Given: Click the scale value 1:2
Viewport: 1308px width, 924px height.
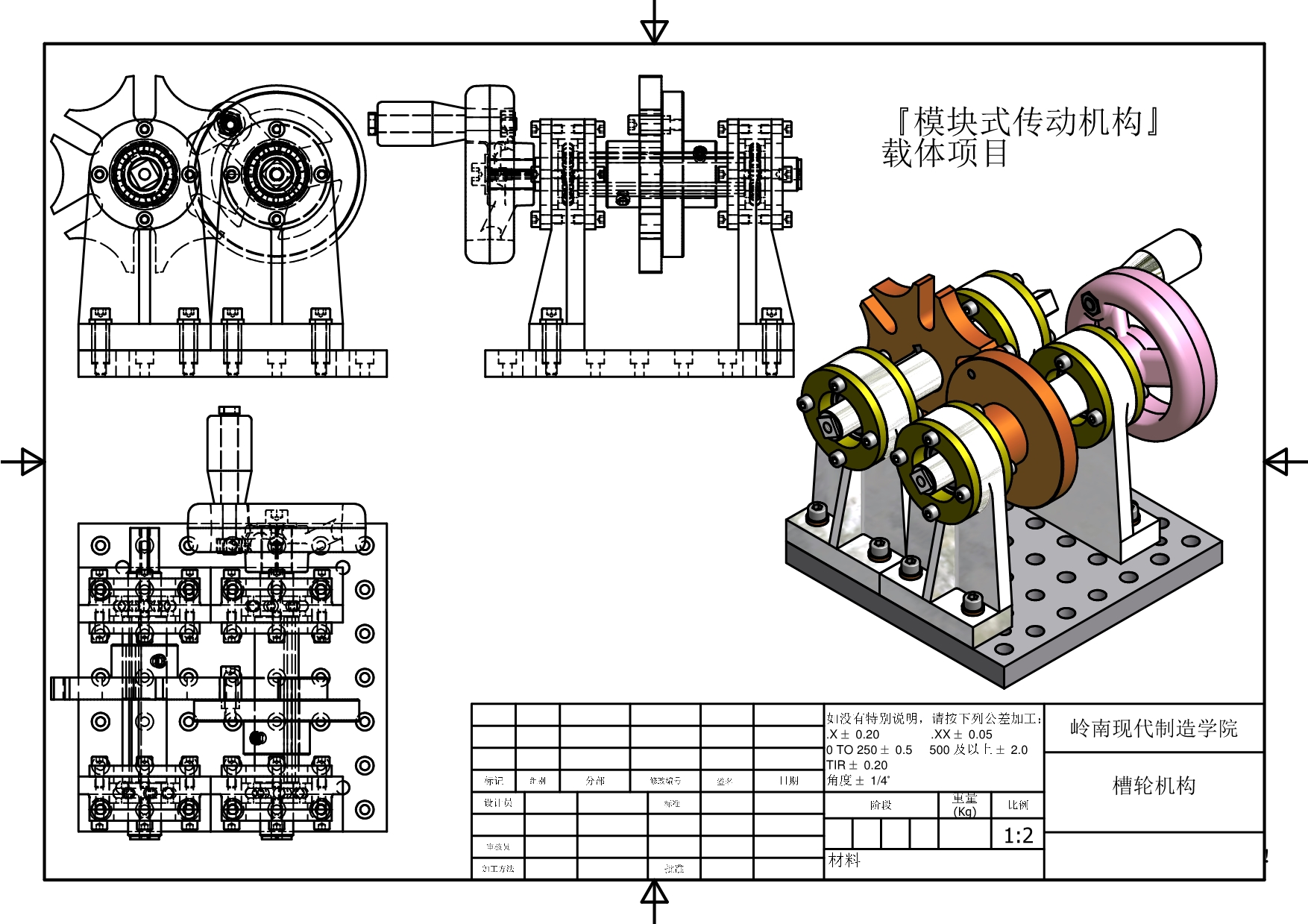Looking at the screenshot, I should [x=1018, y=835].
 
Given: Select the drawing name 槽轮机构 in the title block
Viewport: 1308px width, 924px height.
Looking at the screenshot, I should [x=1154, y=785].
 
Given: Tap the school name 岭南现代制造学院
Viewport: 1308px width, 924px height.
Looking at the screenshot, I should [x=1154, y=728].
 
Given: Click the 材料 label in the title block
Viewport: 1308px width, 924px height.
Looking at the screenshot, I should [x=844, y=861].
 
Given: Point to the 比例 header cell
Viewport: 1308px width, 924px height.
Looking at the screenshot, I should [x=1018, y=805].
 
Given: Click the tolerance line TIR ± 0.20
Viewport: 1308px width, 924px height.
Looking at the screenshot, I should [x=857, y=765].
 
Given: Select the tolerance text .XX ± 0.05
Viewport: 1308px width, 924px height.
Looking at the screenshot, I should [x=961, y=735].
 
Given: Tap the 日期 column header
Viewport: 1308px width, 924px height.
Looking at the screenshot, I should [x=788, y=781].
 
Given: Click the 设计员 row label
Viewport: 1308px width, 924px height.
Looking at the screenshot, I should [x=498, y=803].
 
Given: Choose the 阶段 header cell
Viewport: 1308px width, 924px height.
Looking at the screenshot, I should [x=881, y=805].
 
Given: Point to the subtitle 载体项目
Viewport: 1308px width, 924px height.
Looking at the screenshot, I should [x=945, y=154].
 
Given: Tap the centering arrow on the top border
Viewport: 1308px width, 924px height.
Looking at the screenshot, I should [x=654, y=31].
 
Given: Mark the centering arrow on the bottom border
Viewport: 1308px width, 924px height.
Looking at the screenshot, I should [x=654, y=893].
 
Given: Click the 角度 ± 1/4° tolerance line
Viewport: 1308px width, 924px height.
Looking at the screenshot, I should [x=858, y=781].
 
